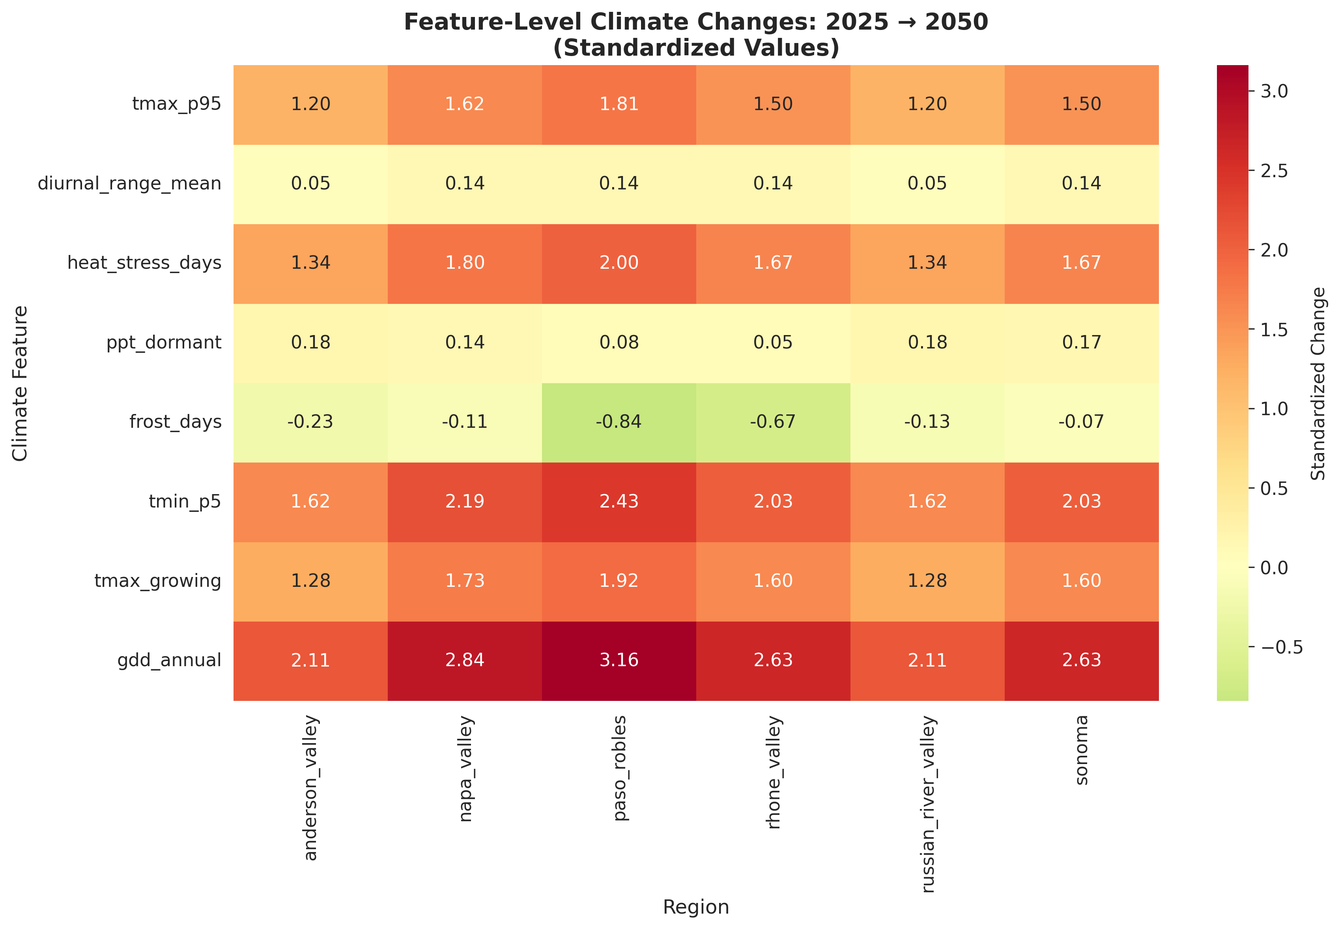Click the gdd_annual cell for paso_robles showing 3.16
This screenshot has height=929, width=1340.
tap(619, 660)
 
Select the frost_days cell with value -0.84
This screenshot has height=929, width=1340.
tap(619, 421)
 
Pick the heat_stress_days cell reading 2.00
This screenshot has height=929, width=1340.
tap(619, 262)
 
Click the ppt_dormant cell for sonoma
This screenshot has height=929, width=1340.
tap(1081, 342)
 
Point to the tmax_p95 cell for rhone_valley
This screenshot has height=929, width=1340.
tap(773, 104)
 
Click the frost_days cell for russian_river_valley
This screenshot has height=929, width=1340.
tap(927, 421)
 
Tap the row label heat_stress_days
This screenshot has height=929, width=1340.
tap(144, 262)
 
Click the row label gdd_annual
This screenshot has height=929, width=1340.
tap(169, 660)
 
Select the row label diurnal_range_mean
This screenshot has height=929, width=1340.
tap(129, 184)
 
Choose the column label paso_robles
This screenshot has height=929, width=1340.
tap(620, 768)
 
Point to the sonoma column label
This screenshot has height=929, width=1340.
tap(1081, 750)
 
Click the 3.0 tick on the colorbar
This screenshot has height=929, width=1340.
tap(1274, 92)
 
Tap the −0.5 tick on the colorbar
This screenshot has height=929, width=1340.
tap(1280, 647)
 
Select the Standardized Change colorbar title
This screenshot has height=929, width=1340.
tap(1318, 384)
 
